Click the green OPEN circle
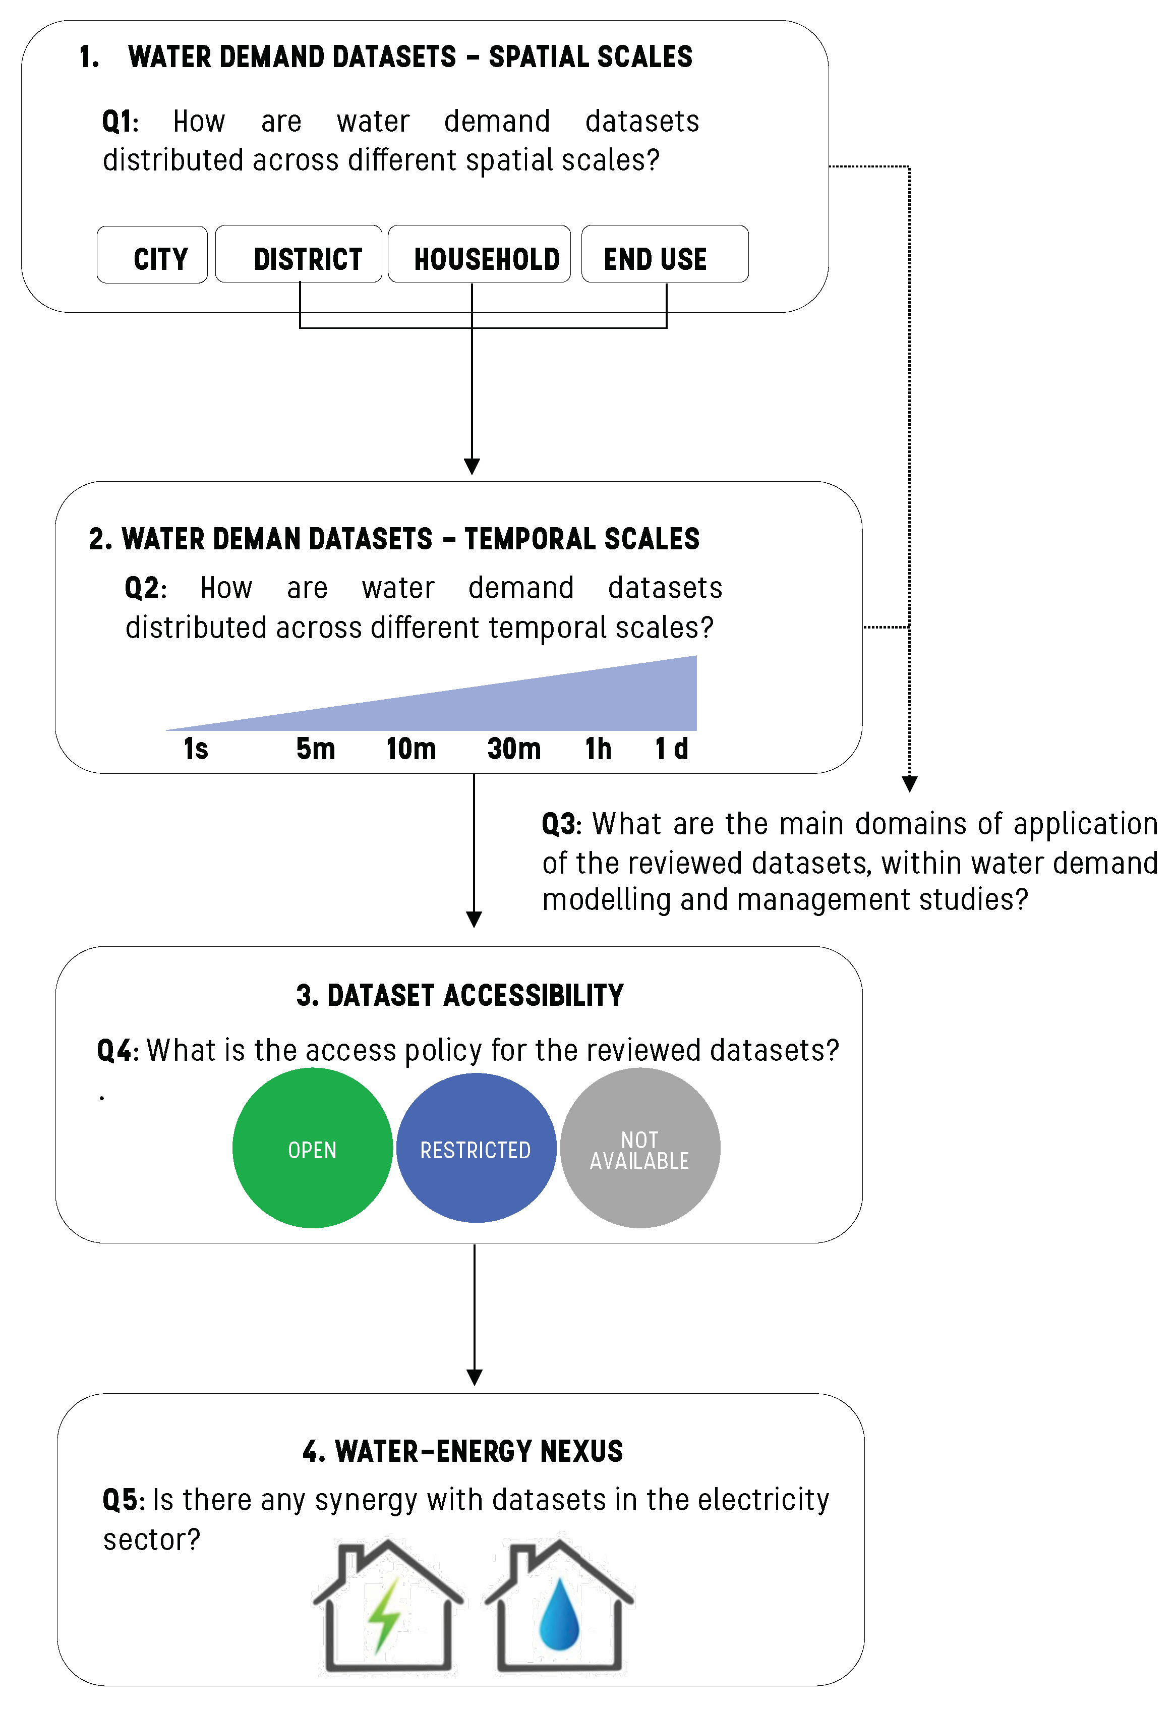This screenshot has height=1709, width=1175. (312, 1150)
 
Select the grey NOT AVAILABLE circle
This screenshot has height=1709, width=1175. (640, 1150)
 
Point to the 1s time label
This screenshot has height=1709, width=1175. (196, 749)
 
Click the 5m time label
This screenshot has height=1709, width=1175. (316, 749)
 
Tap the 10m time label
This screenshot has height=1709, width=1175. (411, 749)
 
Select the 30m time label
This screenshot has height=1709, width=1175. (514, 749)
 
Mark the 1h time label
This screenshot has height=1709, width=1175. (598, 749)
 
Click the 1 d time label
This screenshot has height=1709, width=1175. (671, 749)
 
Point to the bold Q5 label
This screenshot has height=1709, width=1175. (122, 1500)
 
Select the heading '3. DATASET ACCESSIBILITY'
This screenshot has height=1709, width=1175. (459, 996)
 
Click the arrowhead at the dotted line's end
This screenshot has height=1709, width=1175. (909, 783)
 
